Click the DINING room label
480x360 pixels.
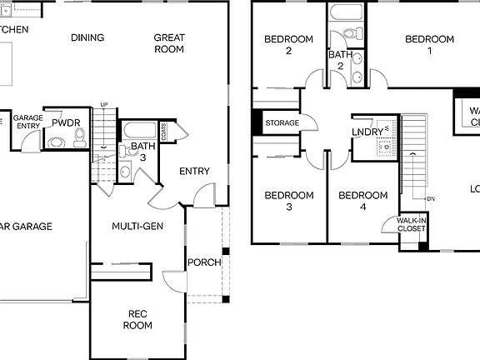point(87,37)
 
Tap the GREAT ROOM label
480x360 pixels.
point(169,43)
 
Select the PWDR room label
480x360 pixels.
point(66,122)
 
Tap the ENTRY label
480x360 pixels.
point(194,172)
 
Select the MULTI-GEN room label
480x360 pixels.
point(137,226)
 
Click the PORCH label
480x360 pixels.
point(204,262)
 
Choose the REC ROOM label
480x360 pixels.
point(139,319)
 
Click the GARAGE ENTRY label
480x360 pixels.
point(27,122)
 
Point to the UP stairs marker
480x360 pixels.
point(104,104)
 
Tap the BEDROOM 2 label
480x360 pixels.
point(288,44)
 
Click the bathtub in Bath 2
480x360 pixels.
point(345,13)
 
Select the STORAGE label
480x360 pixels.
point(282,123)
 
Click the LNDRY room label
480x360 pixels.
point(367,132)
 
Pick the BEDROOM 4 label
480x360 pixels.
point(362,201)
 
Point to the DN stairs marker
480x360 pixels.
point(430,199)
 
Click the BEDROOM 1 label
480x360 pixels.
point(429,44)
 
